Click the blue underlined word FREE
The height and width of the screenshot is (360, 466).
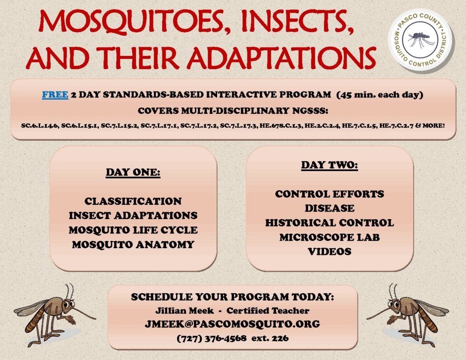55,95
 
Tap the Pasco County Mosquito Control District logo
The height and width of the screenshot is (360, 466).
420,40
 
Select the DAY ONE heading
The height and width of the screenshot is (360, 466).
133,172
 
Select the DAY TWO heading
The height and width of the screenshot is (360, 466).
329,165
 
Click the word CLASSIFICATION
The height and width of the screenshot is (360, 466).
133,201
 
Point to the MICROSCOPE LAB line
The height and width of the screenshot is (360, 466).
329,237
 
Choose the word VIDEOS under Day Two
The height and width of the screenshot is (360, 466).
329,252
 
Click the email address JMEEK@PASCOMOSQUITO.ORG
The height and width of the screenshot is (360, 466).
233,324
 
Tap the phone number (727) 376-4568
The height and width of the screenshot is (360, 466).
212,338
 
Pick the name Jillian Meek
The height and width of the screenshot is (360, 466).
185,311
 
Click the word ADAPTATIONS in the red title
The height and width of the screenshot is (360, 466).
281,57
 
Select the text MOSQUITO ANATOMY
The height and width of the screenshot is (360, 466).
133,245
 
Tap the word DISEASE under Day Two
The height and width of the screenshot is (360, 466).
329,208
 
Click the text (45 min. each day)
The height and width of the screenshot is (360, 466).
380,95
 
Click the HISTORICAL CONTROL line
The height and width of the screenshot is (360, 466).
329,223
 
